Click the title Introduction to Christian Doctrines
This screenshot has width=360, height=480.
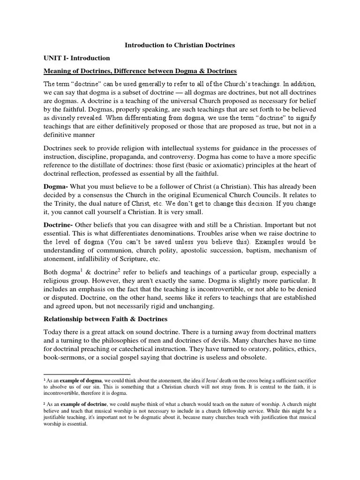coord(180,45)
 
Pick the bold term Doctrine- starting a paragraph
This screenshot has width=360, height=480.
coord(59,225)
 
